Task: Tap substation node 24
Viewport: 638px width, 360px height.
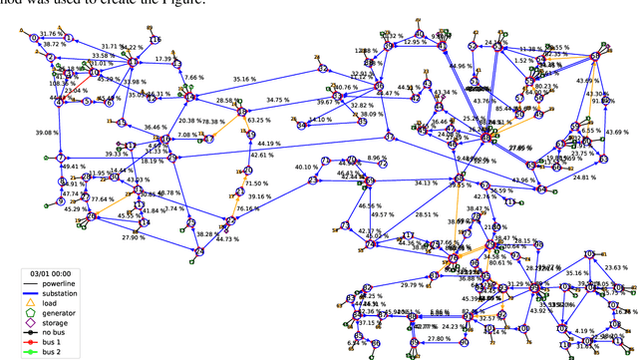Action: click(x=198, y=251)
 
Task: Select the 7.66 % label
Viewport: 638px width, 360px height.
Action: click(x=193, y=77)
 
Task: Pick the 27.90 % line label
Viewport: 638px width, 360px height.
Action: click(x=134, y=236)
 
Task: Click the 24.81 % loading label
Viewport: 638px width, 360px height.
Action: click(x=585, y=178)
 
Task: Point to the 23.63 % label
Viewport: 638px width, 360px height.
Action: click(x=617, y=267)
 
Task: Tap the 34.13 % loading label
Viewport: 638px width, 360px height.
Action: click(x=425, y=182)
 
